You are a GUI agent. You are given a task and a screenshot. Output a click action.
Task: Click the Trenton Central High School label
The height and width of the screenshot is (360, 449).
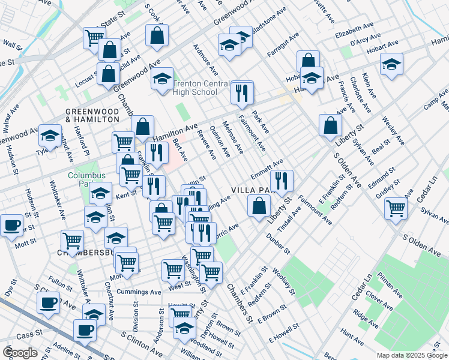point(194,88)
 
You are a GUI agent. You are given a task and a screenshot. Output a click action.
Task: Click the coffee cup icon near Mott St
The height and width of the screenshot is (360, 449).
point(12,226)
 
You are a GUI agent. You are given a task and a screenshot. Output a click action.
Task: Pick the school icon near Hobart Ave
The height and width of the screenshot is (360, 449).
point(391,63)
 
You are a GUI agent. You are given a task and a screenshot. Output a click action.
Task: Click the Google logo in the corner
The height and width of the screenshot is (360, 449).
point(20,352)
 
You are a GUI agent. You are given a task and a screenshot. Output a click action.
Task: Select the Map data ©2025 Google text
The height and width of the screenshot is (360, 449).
point(411,355)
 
